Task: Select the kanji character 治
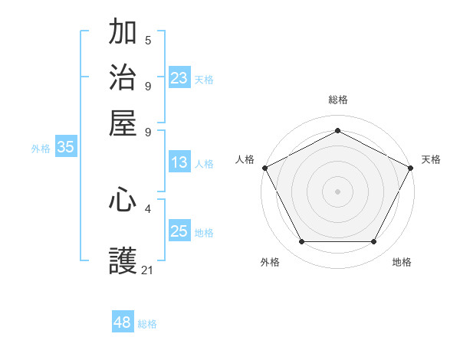pyautogui.click(x=123, y=78)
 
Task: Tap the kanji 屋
pyautogui.click(x=123, y=123)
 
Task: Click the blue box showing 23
pyautogui.click(x=179, y=78)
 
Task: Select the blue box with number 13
pyautogui.click(x=179, y=163)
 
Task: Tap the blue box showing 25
pyautogui.click(x=179, y=231)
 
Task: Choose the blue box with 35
pyautogui.click(x=65, y=148)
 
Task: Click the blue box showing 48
pyautogui.click(x=123, y=322)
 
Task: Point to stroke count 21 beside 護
pyautogui.click(x=148, y=270)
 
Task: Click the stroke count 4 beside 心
pyautogui.click(x=148, y=208)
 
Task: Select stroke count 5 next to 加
pyautogui.click(x=148, y=40)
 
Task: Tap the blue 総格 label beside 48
pyautogui.click(x=147, y=324)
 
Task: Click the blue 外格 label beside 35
pyautogui.click(x=41, y=149)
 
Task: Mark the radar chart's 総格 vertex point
pyautogui.click(x=337, y=131)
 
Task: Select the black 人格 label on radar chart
pyautogui.click(x=245, y=159)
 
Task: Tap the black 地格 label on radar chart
pyautogui.click(x=402, y=262)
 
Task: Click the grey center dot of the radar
pyautogui.click(x=337, y=191)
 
